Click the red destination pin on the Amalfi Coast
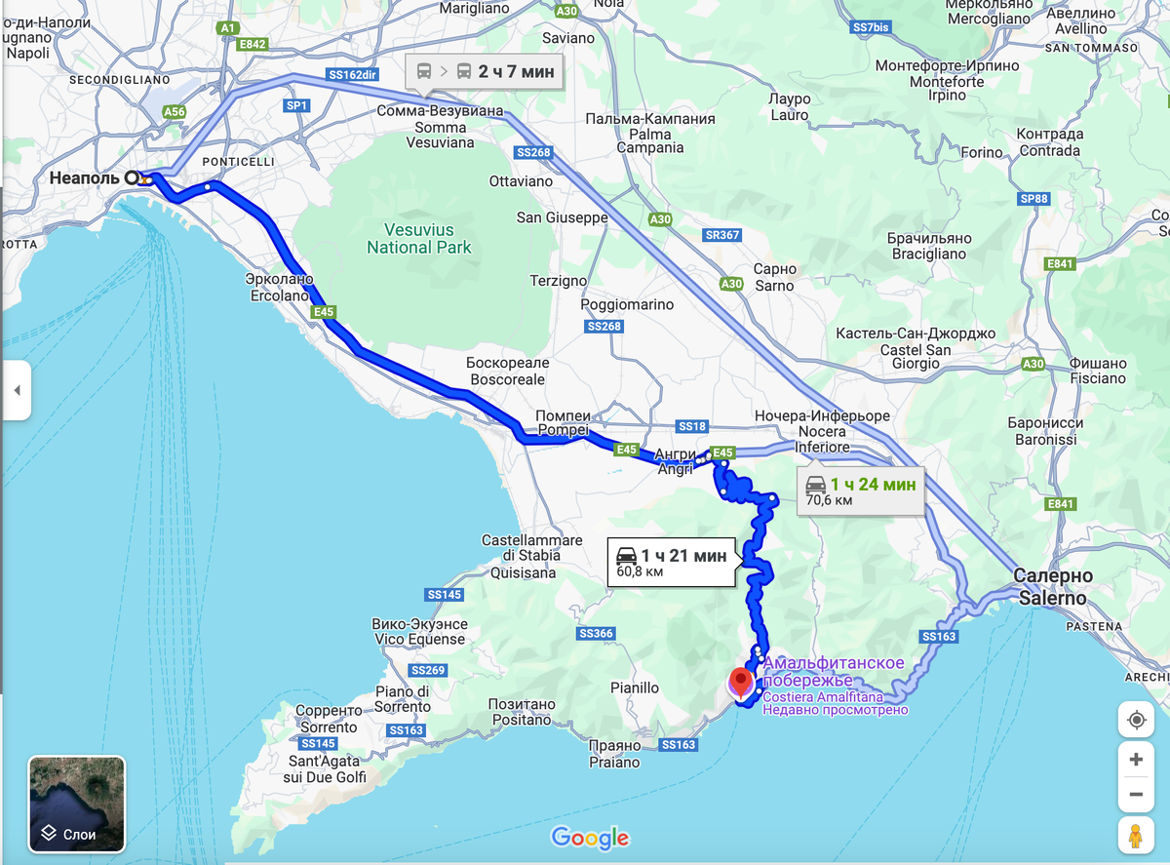coord(741,680)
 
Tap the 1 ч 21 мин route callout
coord(671,563)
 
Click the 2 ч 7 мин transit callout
coord(485,71)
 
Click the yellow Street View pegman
coord(1136,836)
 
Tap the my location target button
coord(1136,720)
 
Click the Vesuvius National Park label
coord(419,239)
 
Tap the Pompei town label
coord(563,423)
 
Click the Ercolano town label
coord(279,287)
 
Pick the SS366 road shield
coord(596,634)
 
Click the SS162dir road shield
coord(352,74)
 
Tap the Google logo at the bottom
coord(590,838)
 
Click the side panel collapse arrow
coord(16,390)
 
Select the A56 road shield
coord(174,112)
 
